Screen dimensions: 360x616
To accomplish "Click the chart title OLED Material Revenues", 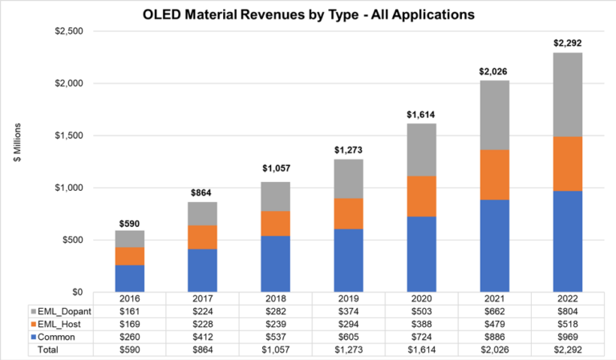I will pyautogui.click(x=308, y=14).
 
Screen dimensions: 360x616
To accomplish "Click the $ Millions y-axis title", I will pyautogui.click(x=17, y=143).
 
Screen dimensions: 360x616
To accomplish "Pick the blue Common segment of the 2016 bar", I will pyautogui.click(x=129, y=277).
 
